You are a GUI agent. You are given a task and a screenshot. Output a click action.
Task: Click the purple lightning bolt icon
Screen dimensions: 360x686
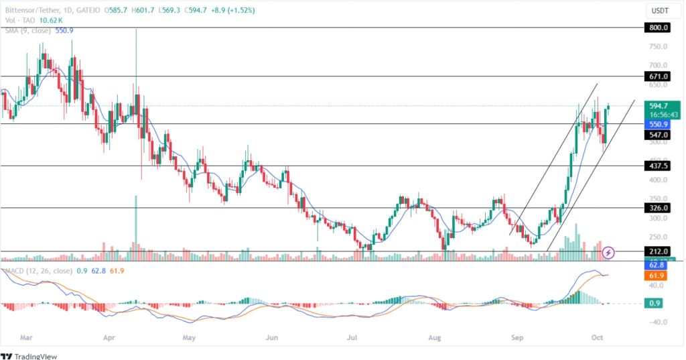[x=608, y=253]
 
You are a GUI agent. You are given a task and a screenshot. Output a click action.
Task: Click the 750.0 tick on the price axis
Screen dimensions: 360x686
[x=657, y=46]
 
